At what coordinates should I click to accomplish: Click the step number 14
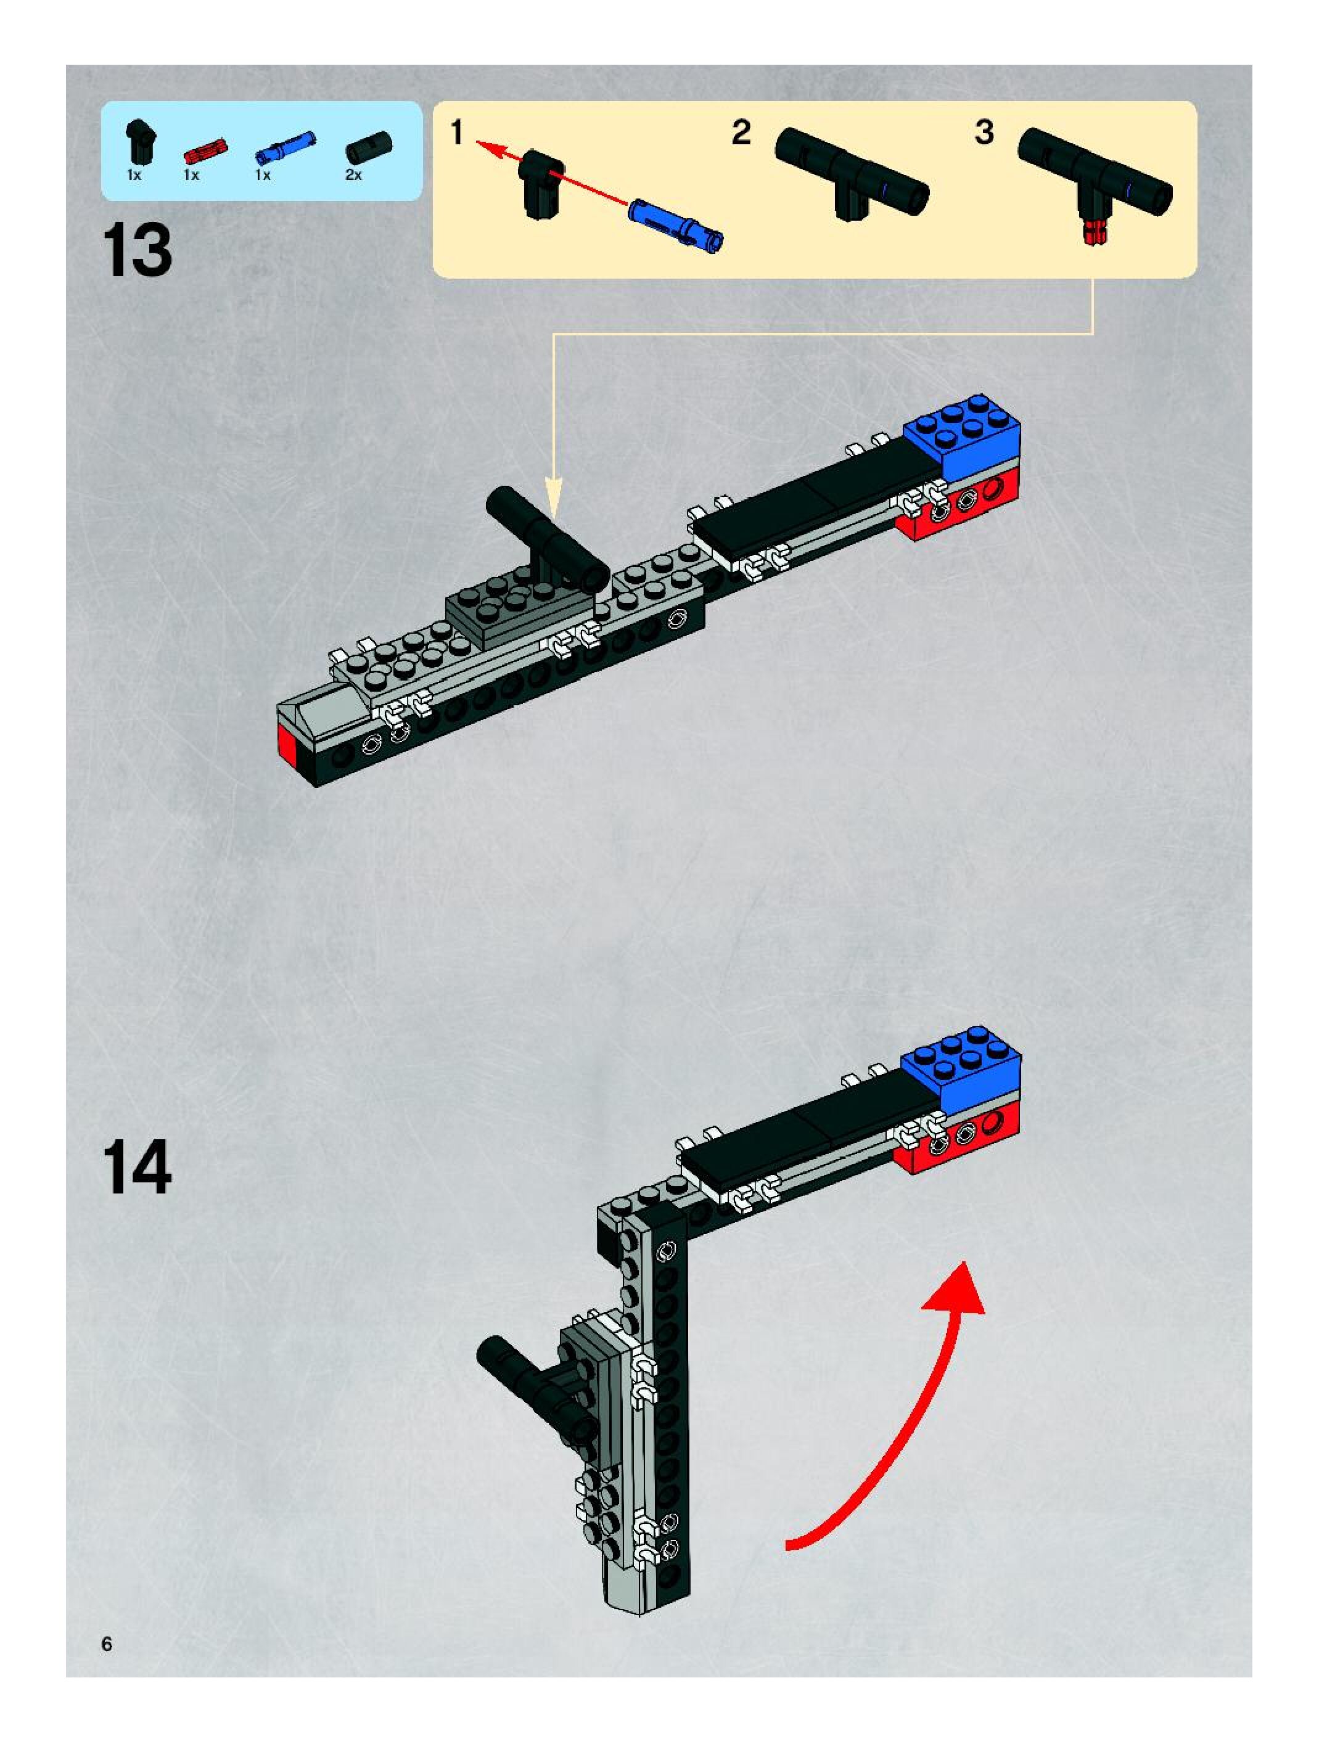coord(136,1168)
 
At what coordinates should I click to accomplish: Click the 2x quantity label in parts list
coord(353,175)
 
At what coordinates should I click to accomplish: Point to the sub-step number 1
coord(457,133)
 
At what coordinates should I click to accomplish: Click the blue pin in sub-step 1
coord(676,224)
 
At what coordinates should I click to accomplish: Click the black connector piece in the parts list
coord(140,142)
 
